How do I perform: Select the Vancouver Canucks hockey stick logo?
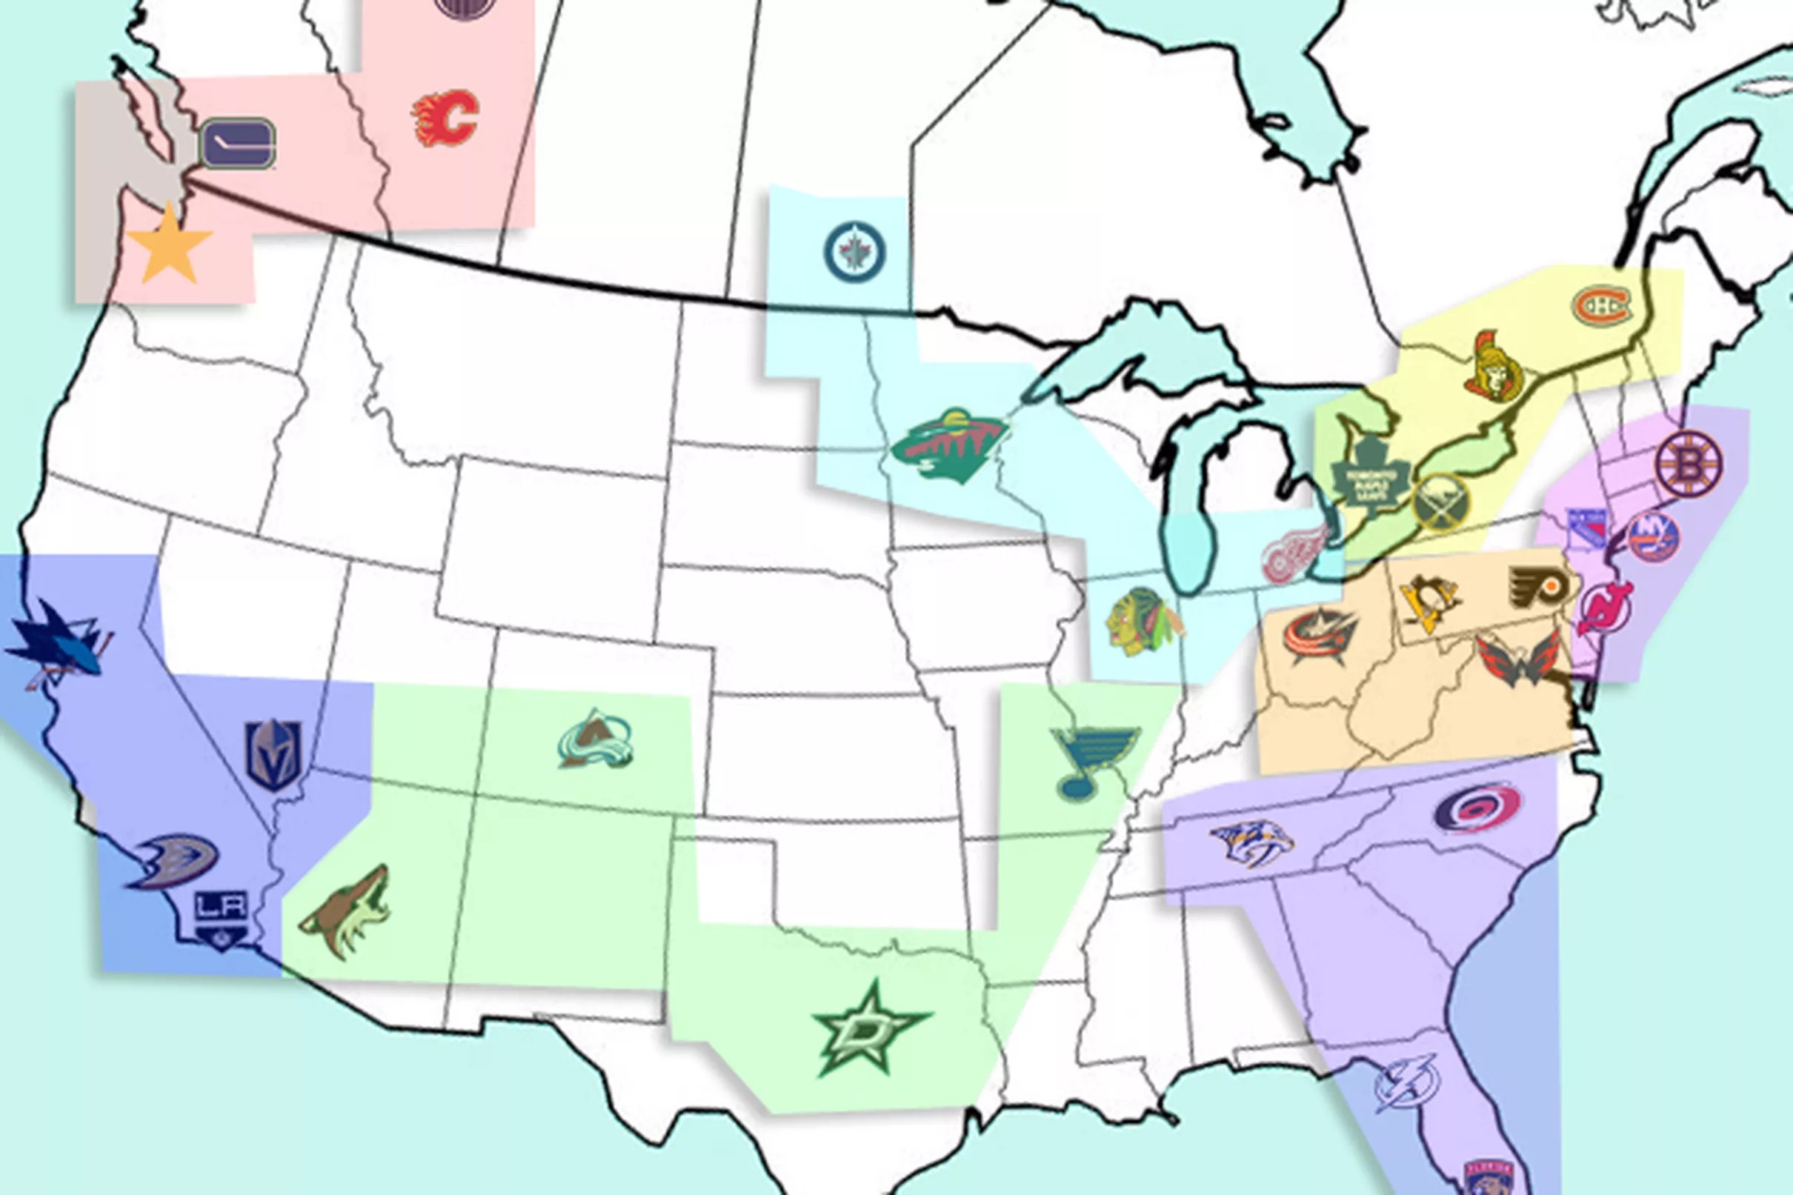(238, 144)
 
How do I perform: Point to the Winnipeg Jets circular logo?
(855, 252)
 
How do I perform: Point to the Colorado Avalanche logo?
(595, 739)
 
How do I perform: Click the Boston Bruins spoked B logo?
(1689, 463)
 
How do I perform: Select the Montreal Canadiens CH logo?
(1603, 306)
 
